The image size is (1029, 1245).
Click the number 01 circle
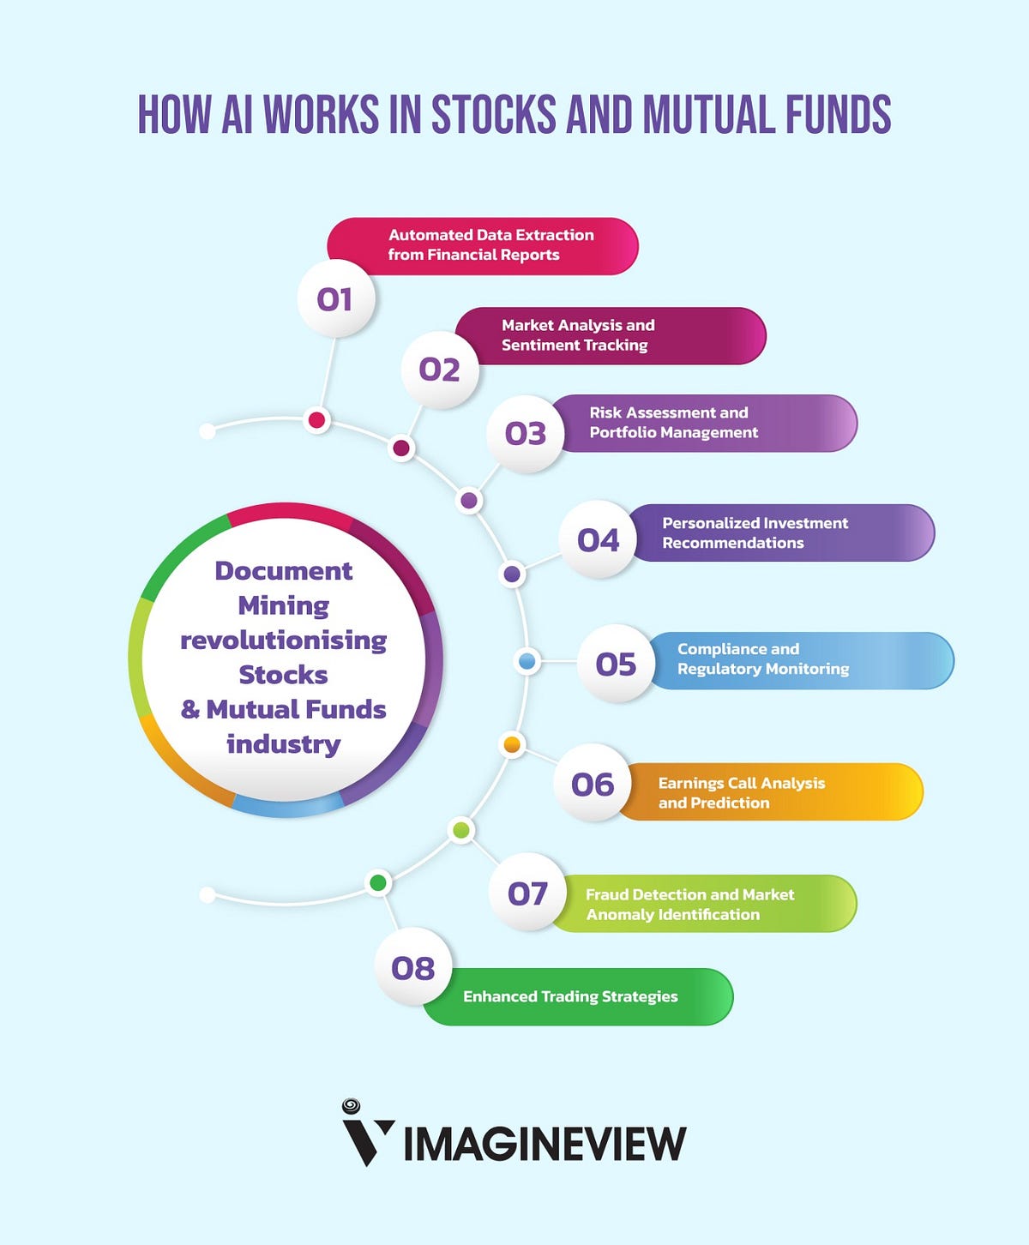335,299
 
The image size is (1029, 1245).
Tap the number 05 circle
616,664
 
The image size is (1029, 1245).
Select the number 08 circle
413,968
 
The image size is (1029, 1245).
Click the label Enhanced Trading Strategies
570,996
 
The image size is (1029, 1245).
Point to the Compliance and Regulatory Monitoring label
763,659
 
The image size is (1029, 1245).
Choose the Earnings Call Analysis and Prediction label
742,792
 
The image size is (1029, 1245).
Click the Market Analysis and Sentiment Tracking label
578,335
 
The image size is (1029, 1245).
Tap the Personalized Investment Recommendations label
755,532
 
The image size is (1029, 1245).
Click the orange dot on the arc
513,744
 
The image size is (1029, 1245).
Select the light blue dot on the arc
527,661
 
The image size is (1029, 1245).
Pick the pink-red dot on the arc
317,420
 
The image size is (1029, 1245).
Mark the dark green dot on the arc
378,882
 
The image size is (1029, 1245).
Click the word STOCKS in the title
494,115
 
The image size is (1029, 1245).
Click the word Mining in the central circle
283,605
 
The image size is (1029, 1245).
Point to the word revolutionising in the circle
283,641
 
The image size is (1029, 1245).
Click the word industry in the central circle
283,743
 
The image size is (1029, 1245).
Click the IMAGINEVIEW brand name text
545,1144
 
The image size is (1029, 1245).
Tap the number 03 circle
526,434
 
